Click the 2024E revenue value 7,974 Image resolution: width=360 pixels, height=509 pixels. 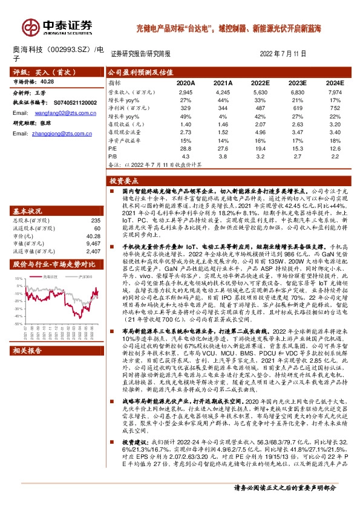(336, 91)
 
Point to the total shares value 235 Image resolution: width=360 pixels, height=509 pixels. (94, 221)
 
